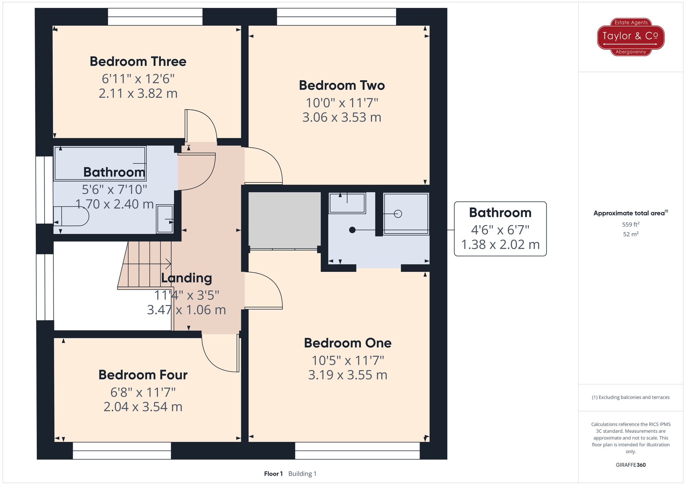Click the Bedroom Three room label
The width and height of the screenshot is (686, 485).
[138, 62]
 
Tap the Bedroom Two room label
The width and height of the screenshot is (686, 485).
[342, 85]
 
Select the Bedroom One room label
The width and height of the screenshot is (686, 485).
[347, 343]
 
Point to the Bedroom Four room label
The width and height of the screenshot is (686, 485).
[143, 375]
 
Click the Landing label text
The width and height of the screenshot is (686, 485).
[186, 278]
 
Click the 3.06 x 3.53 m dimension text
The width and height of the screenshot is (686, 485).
[342, 118]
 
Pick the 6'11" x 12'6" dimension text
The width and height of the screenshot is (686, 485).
[138, 79]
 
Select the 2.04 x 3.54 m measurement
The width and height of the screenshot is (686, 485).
[143, 407]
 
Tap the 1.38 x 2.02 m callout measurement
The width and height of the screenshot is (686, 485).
[500, 245]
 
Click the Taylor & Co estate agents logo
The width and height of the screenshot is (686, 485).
[631, 37]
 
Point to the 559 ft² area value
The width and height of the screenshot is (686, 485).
[631, 225]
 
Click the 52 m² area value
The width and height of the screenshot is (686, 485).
[631, 234]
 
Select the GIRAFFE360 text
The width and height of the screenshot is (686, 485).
[631, 465]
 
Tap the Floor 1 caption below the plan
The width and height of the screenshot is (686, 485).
[273, 474]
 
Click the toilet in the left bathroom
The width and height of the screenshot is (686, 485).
[71, 216]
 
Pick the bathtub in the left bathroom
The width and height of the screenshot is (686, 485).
[100, 163]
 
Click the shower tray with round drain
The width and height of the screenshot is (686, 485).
[406, 214]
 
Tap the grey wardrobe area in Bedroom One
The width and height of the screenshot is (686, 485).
[284, 220]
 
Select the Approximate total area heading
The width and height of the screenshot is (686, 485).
[631, 213]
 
